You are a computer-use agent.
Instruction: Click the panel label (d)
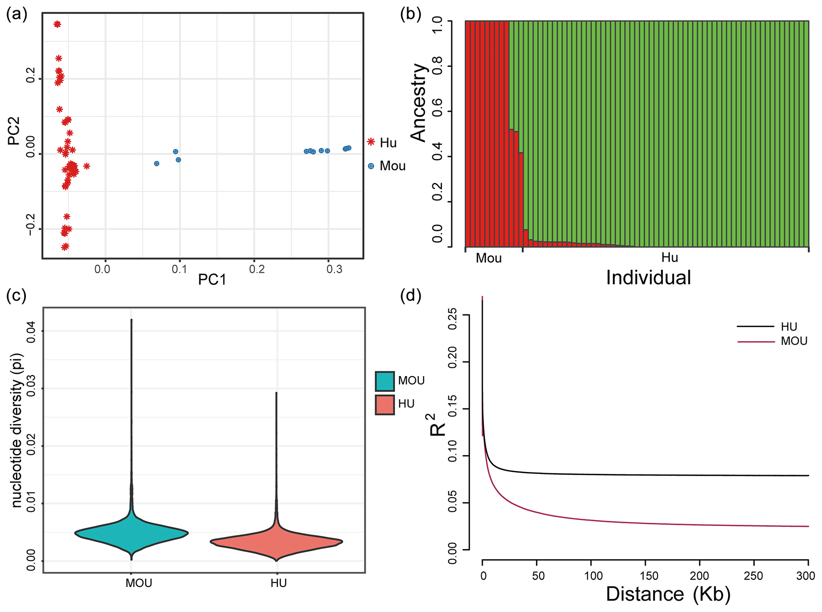[x=410, y=295]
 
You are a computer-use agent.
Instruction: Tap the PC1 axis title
[x=212, y=280]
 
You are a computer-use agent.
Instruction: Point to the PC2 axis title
[x=14, y=130]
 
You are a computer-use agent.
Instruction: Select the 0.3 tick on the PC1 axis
[x=334, y=270]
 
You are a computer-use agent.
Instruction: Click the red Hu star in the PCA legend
[x=371, y=142]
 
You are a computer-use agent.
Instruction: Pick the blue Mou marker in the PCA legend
[x=371, y=166]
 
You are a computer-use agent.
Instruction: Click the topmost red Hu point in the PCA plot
[x=57, y=24]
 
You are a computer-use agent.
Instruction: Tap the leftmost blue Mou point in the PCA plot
[x=157, y=163]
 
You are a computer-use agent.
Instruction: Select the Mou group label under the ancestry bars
[x=489, y=258]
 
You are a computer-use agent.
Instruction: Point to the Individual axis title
[x=648, y=278]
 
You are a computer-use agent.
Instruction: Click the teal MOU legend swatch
[x=385, y=381]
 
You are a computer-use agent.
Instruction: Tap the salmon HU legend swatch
[x=385, y=404]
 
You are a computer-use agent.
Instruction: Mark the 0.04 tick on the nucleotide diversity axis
[x=31, y=331]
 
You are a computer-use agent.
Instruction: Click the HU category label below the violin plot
[x=278, y=583]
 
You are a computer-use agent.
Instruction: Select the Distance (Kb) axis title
[x=668, y=594]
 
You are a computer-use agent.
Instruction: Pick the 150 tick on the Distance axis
[x=645, y=576]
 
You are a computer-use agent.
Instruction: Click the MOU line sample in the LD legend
[x=756, y=342]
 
